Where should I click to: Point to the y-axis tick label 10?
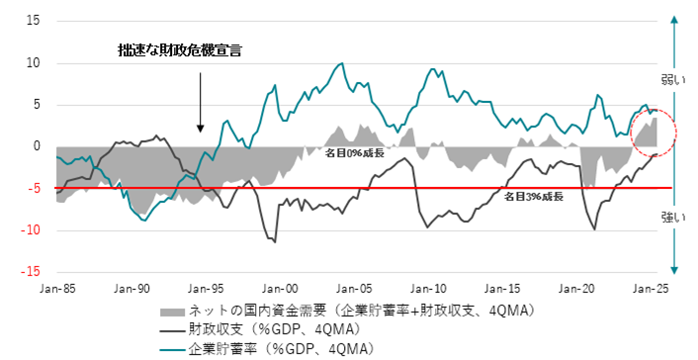(x=33, y=62)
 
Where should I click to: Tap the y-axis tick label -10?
(x=31, y=230)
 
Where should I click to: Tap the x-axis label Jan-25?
(x=651, y=288)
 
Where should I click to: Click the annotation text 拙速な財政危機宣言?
(x=179, y=48)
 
